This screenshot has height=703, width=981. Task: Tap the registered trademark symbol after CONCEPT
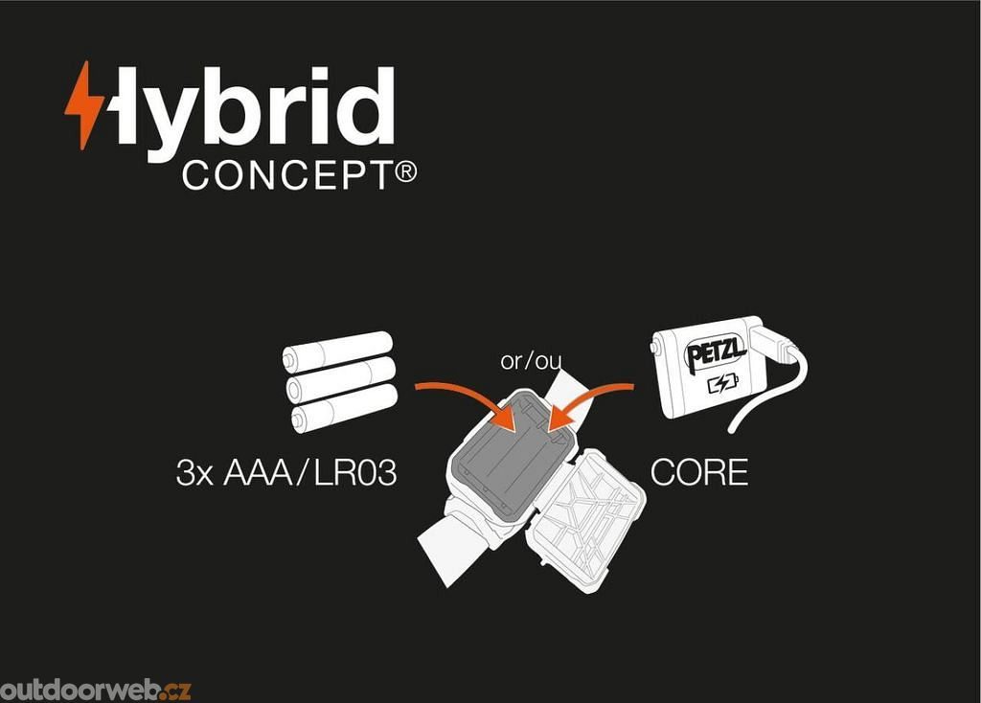(405, 172)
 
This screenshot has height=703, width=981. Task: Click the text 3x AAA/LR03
(286, 473)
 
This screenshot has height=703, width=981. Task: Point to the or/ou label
(531, 361)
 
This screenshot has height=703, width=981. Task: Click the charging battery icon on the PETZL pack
(722, 386)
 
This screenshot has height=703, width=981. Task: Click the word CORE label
(698, 473)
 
